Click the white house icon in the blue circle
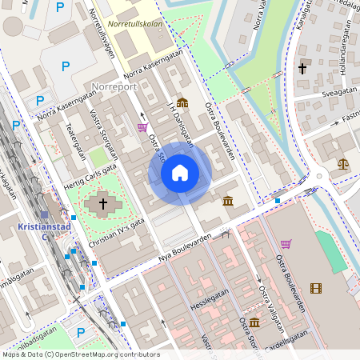[180, 173]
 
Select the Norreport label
[115, 86]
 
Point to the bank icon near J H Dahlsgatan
[182, 102]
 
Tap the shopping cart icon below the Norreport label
[142, 126]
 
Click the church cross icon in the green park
[102, 203]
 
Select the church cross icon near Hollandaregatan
[302, 69]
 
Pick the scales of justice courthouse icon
[343, 163]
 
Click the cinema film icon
[316, 288]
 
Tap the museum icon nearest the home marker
[228, 200]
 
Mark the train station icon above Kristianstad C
[45, 214]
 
